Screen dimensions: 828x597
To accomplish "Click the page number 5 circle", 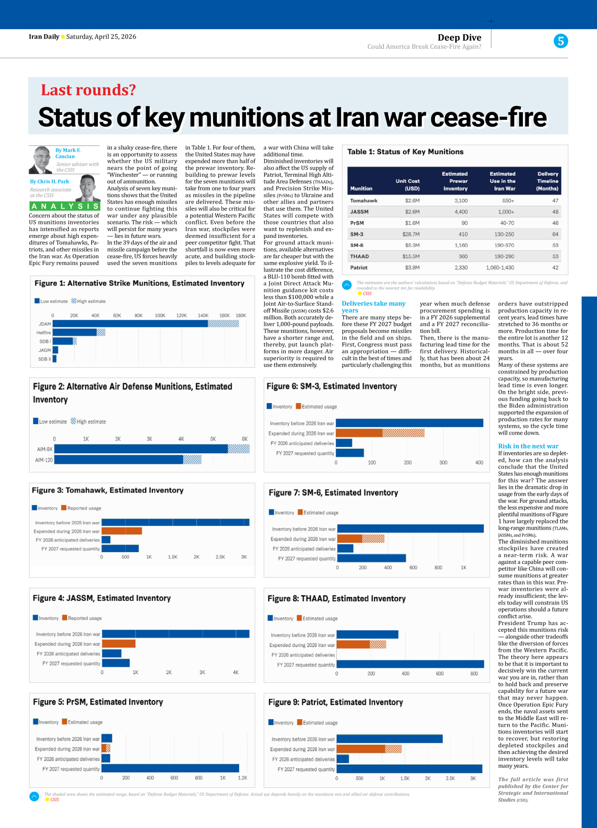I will pos(561,41).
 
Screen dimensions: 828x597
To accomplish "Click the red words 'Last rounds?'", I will pos(88,90).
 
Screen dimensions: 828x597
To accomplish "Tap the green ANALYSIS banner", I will pos(64,206).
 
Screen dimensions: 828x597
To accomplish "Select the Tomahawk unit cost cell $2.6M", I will pos(412,201).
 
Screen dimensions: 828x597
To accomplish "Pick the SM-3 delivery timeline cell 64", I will pos(555,234).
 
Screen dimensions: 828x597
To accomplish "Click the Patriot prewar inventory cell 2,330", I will pos(461,267).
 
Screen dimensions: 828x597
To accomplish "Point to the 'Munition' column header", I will pos(361,189).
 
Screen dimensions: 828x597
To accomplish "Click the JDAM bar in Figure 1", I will pos(130,324).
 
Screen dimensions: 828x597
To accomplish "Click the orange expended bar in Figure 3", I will pos(121,531).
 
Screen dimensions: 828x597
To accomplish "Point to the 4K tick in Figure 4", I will pos(235,672).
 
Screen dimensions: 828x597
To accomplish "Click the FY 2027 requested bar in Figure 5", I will pos(170,768).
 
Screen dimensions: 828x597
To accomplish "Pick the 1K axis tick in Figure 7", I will pos(463,568).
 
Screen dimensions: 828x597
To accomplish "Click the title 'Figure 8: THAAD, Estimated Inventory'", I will pos(336,599).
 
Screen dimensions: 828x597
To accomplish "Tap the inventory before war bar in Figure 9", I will pos(389,739).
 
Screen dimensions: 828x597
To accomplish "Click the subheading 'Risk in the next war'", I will pos(528,446).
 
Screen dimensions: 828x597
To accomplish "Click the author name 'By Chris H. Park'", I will pos(50,181).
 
